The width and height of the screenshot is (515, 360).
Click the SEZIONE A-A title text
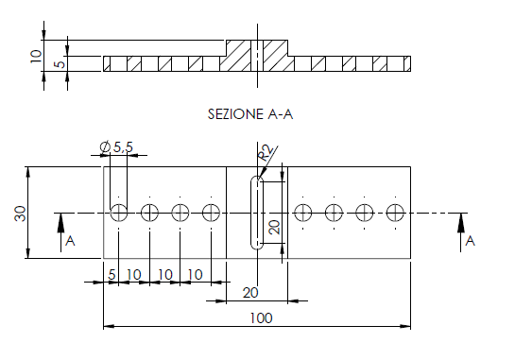(x=250, y=114)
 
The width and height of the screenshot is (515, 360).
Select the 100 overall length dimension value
(x=261, y=318)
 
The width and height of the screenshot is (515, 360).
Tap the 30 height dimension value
(x=21, y=214)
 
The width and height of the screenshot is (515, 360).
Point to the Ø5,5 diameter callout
(x=116, y=146)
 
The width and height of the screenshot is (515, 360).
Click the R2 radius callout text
(x=266, y=153)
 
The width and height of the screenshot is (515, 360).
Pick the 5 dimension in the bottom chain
(x=112, y=275)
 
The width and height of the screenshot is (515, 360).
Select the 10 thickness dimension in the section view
(x=36, y=56)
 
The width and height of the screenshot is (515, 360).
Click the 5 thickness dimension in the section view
(x=60, y=63)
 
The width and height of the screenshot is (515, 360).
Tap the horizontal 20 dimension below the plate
(x=250, y=293)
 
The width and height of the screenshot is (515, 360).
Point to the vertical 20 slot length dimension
(x=275, y=227)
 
